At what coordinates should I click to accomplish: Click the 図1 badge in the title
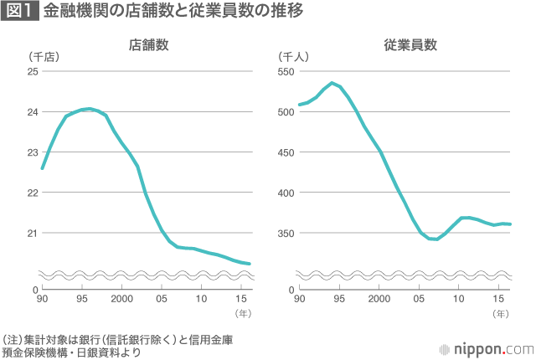(18, 13)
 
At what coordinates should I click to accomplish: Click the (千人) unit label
(294, 57)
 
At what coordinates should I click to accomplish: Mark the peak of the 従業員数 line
(332, 83)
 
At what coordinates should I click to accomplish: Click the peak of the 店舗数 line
(89, 109)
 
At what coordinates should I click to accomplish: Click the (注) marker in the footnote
(11, 340)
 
